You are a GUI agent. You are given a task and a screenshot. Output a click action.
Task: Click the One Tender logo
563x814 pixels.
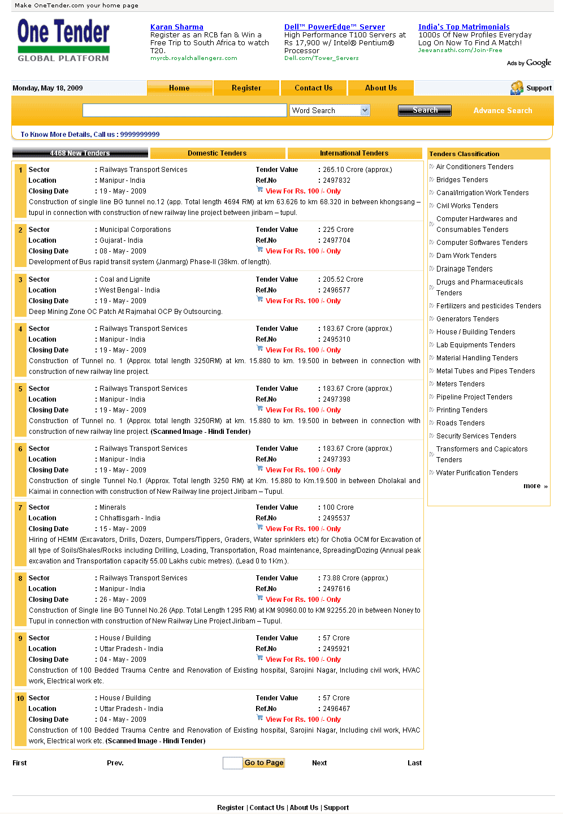point(63,40)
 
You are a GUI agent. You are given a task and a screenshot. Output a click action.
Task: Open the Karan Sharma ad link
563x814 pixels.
point(176,27)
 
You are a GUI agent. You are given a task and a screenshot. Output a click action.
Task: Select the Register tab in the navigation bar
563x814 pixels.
point(246,88)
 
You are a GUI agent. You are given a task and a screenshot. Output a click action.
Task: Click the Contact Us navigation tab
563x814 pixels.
point(313,88)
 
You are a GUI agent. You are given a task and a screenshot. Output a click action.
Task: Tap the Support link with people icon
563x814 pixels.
point(531,88)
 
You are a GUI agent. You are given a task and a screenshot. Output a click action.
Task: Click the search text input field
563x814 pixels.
point(184,110)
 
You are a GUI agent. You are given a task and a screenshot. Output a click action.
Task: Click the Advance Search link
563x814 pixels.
point(503,111)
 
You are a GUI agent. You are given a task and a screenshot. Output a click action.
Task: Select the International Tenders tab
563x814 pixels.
point(354,153)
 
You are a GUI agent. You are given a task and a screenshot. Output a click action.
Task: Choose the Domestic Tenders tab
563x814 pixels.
point(217,153)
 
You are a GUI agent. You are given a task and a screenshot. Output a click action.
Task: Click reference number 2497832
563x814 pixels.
point(336,180)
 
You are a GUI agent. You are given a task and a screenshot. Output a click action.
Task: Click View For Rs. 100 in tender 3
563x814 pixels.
point(303,301)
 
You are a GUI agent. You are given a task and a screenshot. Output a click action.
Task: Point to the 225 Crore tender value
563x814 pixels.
point(338,230)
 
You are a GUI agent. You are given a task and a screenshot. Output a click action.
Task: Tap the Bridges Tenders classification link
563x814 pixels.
point(462,180)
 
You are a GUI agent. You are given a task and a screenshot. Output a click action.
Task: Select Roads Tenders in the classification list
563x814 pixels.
point(460,423)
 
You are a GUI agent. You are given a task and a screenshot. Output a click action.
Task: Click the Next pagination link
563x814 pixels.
point(319,763)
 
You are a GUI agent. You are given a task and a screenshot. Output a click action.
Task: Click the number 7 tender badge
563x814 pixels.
point(20,507)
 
